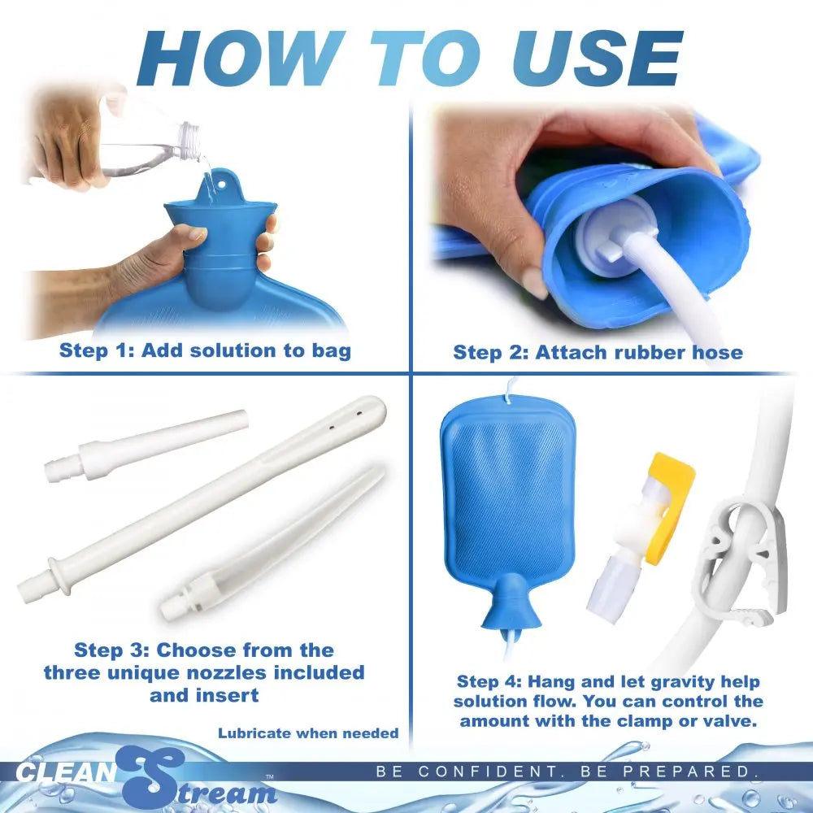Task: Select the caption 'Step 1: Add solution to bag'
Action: click(205, 351)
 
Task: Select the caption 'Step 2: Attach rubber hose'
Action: click(598, 352)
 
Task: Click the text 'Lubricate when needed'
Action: click(308, 733)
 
